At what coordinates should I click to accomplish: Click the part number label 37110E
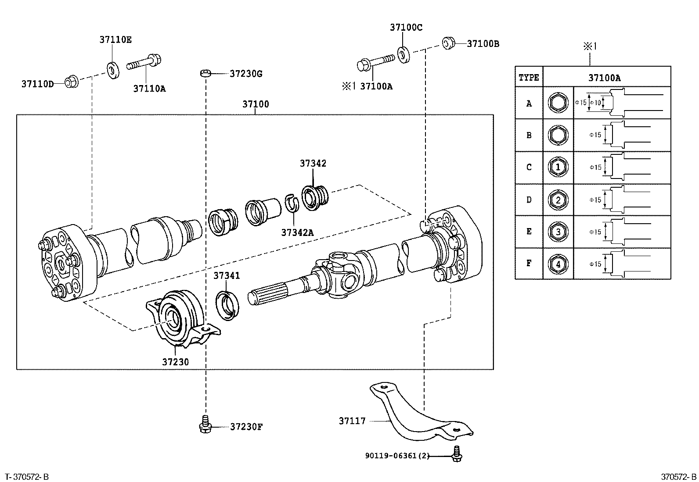(115, 40)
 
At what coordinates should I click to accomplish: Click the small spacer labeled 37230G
(205, 73)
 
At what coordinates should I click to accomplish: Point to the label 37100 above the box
(256, 104)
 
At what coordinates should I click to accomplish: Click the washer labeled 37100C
(403, 54)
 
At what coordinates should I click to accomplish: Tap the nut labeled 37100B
(448, 43)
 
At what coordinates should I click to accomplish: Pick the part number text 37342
(313, 163)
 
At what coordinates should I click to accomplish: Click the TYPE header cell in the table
(529, 78)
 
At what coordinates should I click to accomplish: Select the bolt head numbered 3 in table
(558, 232)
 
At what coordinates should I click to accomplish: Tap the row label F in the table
(529, 263)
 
